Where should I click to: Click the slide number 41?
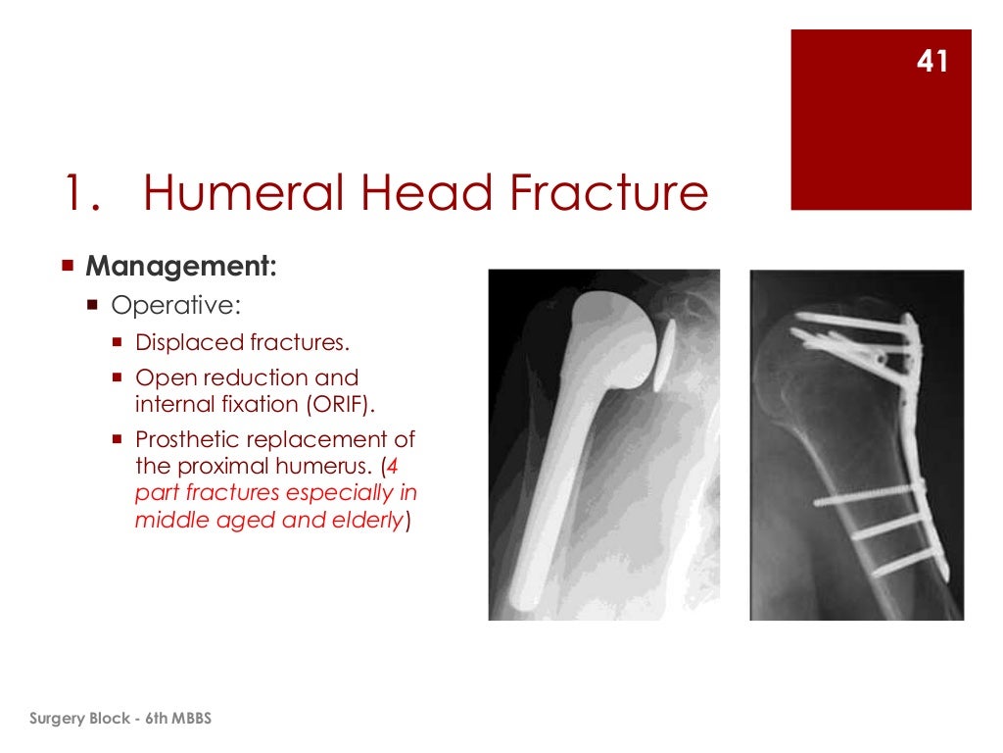(931, 62)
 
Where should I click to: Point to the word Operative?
(174, 305)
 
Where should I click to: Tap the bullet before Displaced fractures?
(117, 343)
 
